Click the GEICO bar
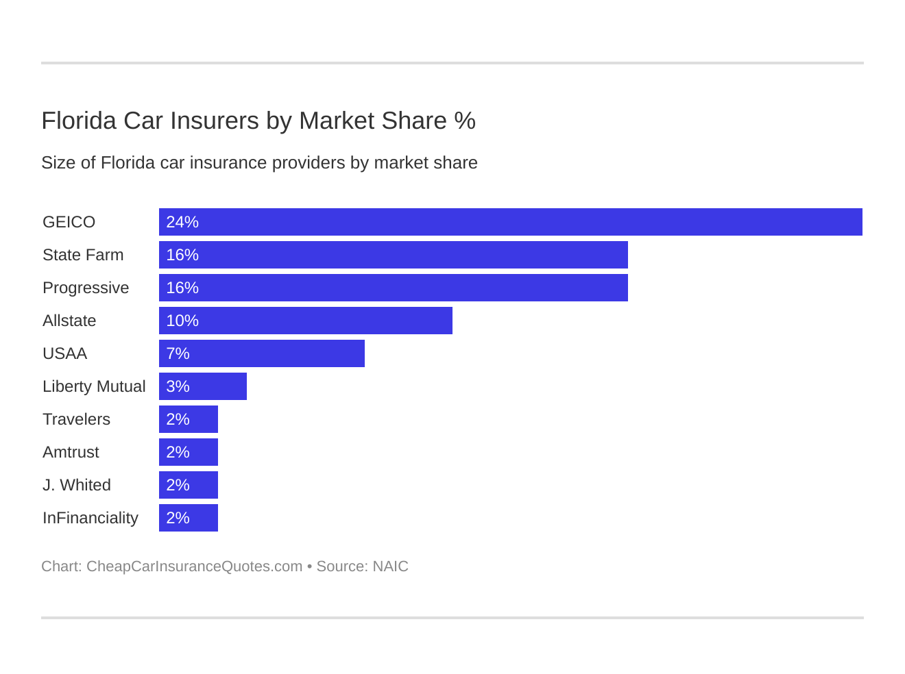[511, 222]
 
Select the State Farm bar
[394, 255]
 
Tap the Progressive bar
[394, 288]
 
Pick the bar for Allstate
[306, 321]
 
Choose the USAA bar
[262, 353]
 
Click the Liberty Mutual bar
[203, 386]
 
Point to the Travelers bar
[189, 419]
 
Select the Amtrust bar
[189, 452]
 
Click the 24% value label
[182, 222]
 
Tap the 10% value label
[182, 321]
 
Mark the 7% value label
[178, 353]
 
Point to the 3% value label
[178, 386]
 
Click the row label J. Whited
[77, 485]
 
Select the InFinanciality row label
[90, 518]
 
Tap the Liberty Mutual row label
[94, 386]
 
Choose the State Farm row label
[83, 255]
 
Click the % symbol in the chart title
[465, 121]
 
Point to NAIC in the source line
[390, 566]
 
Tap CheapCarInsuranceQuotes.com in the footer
[194, 566]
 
